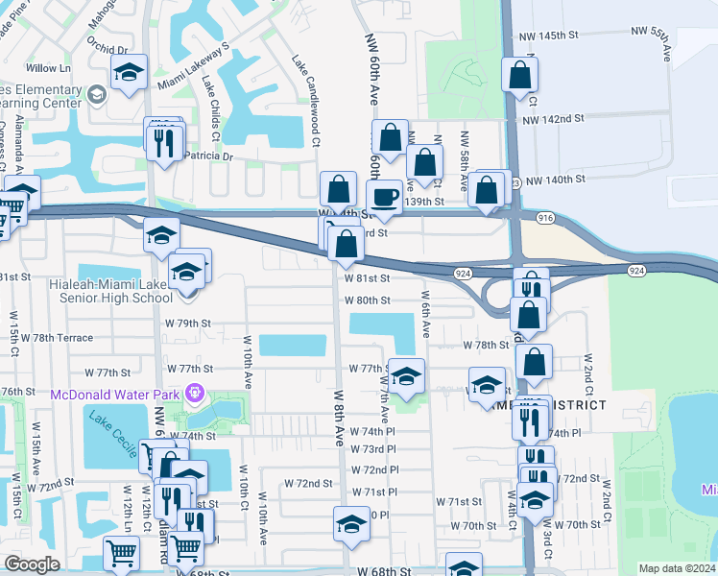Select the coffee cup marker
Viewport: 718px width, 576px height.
point(386,198)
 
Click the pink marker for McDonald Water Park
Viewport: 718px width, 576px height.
point(195,392)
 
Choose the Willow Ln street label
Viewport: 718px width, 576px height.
point(50,69)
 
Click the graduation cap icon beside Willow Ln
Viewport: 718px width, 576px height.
point(128,74)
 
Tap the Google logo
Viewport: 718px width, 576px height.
point(32,564)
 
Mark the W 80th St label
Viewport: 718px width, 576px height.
point(368,300)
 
